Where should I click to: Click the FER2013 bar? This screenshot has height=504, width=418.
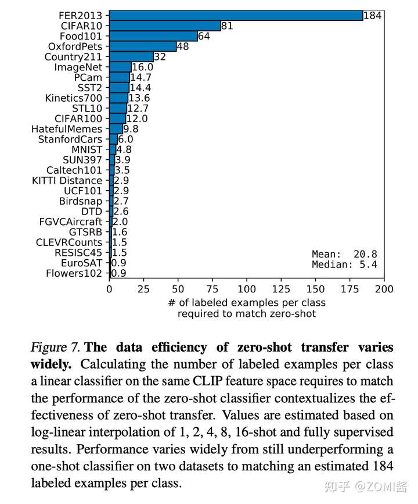pos(235,16)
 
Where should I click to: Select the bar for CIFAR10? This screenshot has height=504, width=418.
pos(165,26)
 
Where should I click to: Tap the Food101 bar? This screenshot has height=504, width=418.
pos(153,36)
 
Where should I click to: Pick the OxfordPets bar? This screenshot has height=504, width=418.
pos(142,47)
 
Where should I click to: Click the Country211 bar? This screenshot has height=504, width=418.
pos(131,57)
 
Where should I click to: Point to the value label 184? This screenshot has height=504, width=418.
pos(372,16)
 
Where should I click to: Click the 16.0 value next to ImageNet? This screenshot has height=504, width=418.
pos(142,67)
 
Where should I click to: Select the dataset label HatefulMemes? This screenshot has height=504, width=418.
pos(67,129)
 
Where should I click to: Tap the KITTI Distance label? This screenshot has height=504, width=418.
pos(67,181)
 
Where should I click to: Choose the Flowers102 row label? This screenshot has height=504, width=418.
pos(74,273)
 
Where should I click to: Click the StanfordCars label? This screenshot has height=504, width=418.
pos(70,140)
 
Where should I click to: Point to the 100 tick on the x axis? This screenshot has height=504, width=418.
pos(247,289)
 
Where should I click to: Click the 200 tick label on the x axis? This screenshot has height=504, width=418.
pos(384,289)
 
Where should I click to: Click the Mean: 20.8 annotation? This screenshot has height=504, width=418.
pos(344,254)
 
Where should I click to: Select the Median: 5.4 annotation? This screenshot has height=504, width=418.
pos(344,264)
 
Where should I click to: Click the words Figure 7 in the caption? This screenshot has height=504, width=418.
pos(56,348)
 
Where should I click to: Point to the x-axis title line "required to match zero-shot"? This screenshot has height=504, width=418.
pos(246,314)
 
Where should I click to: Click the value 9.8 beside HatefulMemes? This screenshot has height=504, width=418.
pos(131,129)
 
